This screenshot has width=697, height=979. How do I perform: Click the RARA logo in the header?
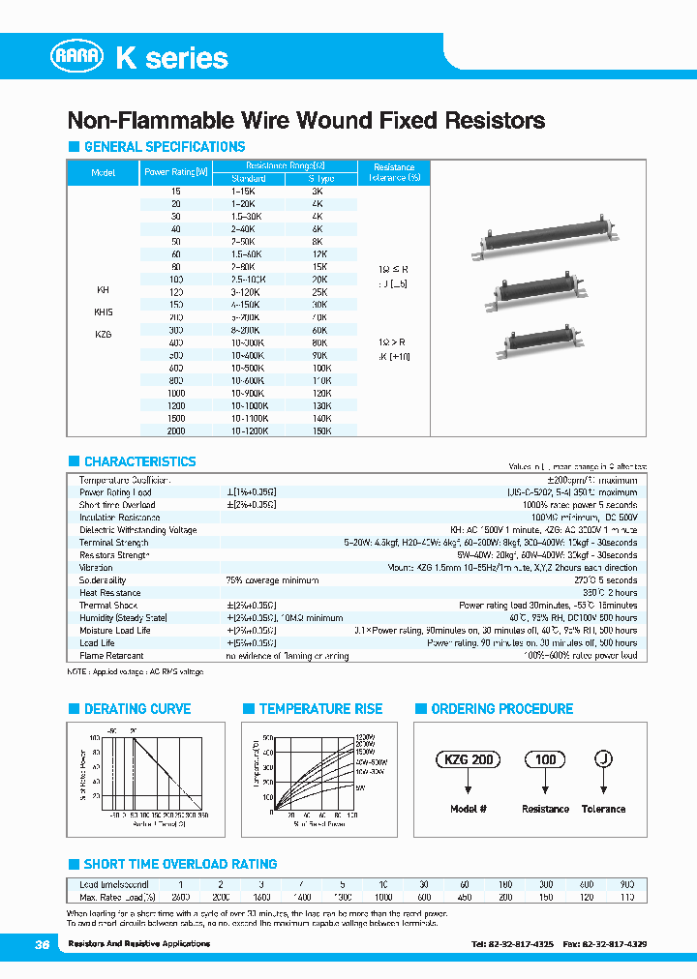(77, 57)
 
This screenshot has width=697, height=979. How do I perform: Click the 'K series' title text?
(171, 58)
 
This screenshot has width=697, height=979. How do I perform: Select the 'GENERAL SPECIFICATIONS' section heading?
(164, 147)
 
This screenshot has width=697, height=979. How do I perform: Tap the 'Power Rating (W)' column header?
(175, 172)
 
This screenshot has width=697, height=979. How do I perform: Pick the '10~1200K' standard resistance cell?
(249, 430)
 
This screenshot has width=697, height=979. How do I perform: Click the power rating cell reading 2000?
(175, 430)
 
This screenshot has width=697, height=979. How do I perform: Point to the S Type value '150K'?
(321, 430)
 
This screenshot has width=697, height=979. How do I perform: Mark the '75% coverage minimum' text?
(272, 580)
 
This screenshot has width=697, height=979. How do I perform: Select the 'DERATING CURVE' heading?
(136, 709)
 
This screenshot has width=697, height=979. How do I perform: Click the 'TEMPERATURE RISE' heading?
(320, 709)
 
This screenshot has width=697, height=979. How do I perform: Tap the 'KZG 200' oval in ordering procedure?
(469, 760)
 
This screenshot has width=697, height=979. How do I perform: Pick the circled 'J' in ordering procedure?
(603, 760)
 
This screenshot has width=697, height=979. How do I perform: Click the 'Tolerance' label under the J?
(603, 809)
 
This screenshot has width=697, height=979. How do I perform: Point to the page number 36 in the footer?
(42, 943)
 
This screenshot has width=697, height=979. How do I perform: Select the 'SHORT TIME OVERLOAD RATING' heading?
(180, 864)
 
